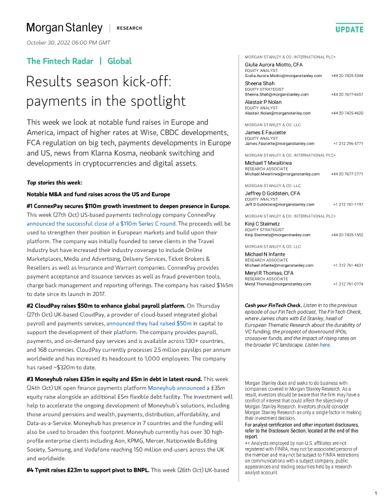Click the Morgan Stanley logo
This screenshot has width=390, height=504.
(64, 28)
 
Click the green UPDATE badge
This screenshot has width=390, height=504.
(349, 29)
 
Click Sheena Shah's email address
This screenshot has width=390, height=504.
(277, 94)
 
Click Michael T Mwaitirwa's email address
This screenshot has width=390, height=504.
(283, 174)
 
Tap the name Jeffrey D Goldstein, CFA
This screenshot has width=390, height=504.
(273, 193)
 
